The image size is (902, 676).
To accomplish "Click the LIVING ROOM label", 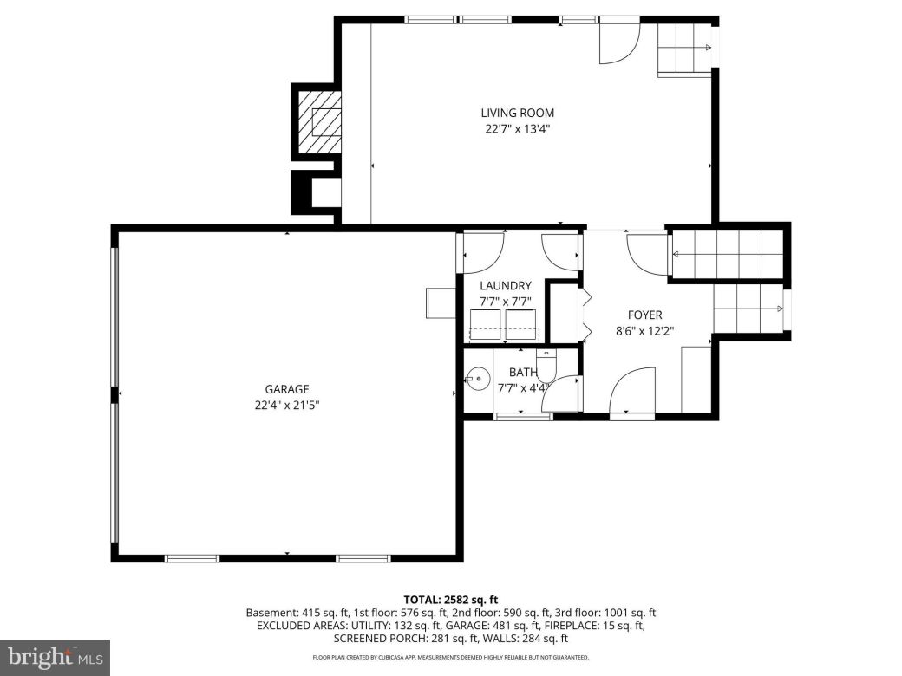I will tap(517, 113).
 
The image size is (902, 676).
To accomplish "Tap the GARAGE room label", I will tap(287, 389).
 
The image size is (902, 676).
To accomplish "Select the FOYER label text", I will tap(644, 315).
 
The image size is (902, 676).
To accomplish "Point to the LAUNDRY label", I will tap(505, 286).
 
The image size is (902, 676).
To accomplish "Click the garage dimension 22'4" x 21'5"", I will tap(287, 405).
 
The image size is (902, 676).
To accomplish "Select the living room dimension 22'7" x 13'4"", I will tap(517, 129).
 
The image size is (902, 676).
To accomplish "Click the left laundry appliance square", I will tap(485, 324).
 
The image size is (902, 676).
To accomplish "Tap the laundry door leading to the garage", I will tap(482, 250).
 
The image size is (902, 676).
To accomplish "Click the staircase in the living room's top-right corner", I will tap(684, 47).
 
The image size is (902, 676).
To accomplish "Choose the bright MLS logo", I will tap(54, 657).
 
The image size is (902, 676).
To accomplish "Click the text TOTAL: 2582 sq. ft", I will tap(451, 600).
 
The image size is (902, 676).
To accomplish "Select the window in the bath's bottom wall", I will tap(523, 417).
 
